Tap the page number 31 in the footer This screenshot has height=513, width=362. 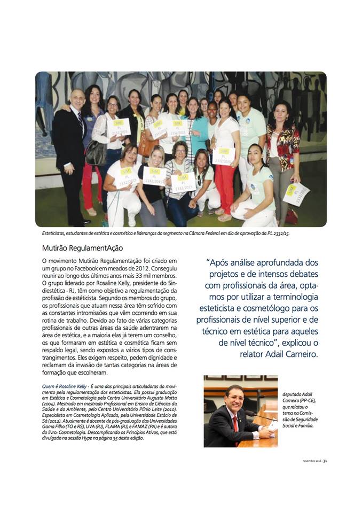coord(325,461)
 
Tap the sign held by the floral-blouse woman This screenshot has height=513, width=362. coord(295,193)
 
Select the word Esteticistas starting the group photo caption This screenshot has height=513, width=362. coord(56,234)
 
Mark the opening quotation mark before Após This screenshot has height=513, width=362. coord(207,262)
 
